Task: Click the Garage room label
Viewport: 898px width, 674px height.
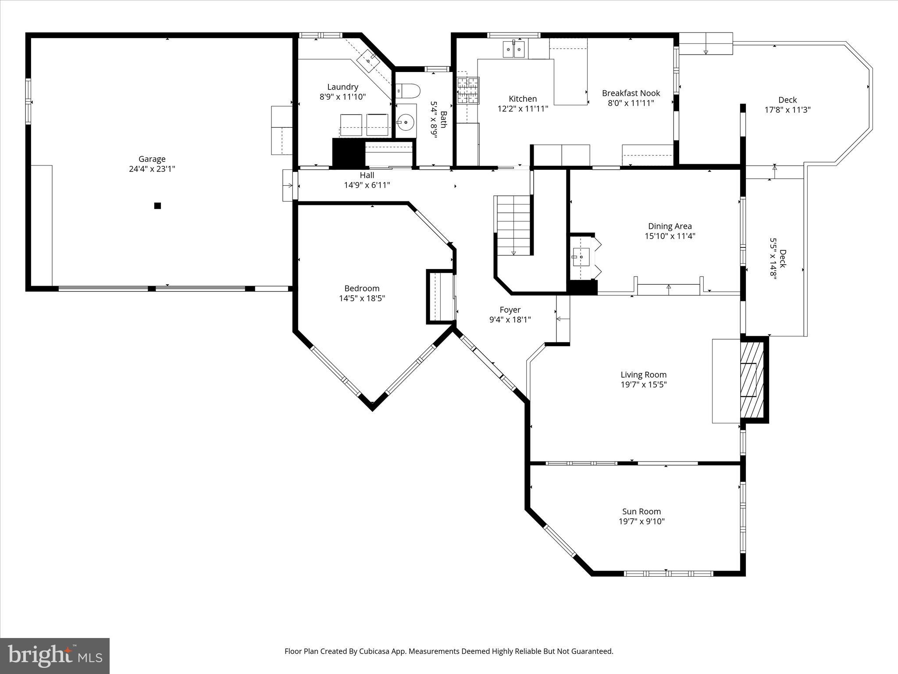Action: tap(152, 159)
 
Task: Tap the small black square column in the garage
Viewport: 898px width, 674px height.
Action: tap(157, 205)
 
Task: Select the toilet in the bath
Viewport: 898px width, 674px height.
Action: tap(408, 90)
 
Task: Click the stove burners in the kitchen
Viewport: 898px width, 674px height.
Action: tap(468, 90)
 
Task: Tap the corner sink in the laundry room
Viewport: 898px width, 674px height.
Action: tap(367, 61)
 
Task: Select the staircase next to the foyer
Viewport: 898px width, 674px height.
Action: tap(513, 226)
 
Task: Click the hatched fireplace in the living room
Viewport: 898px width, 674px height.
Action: tap(752, 380)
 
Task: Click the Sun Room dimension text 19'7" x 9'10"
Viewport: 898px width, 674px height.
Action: tap(641, 521)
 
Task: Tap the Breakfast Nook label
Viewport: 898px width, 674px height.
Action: tap(631, 93)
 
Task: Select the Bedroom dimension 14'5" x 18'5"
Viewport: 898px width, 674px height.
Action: tap(362, 298)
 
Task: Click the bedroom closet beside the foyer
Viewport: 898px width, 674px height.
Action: tap(441, 297)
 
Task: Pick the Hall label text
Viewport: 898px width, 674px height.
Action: tap(367, 176)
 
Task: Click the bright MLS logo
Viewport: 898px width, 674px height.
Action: tap(55, 656)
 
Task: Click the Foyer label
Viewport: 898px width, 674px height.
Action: tap(510, 310)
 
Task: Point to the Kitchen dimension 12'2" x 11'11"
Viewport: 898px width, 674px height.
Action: tap(523, 109)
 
